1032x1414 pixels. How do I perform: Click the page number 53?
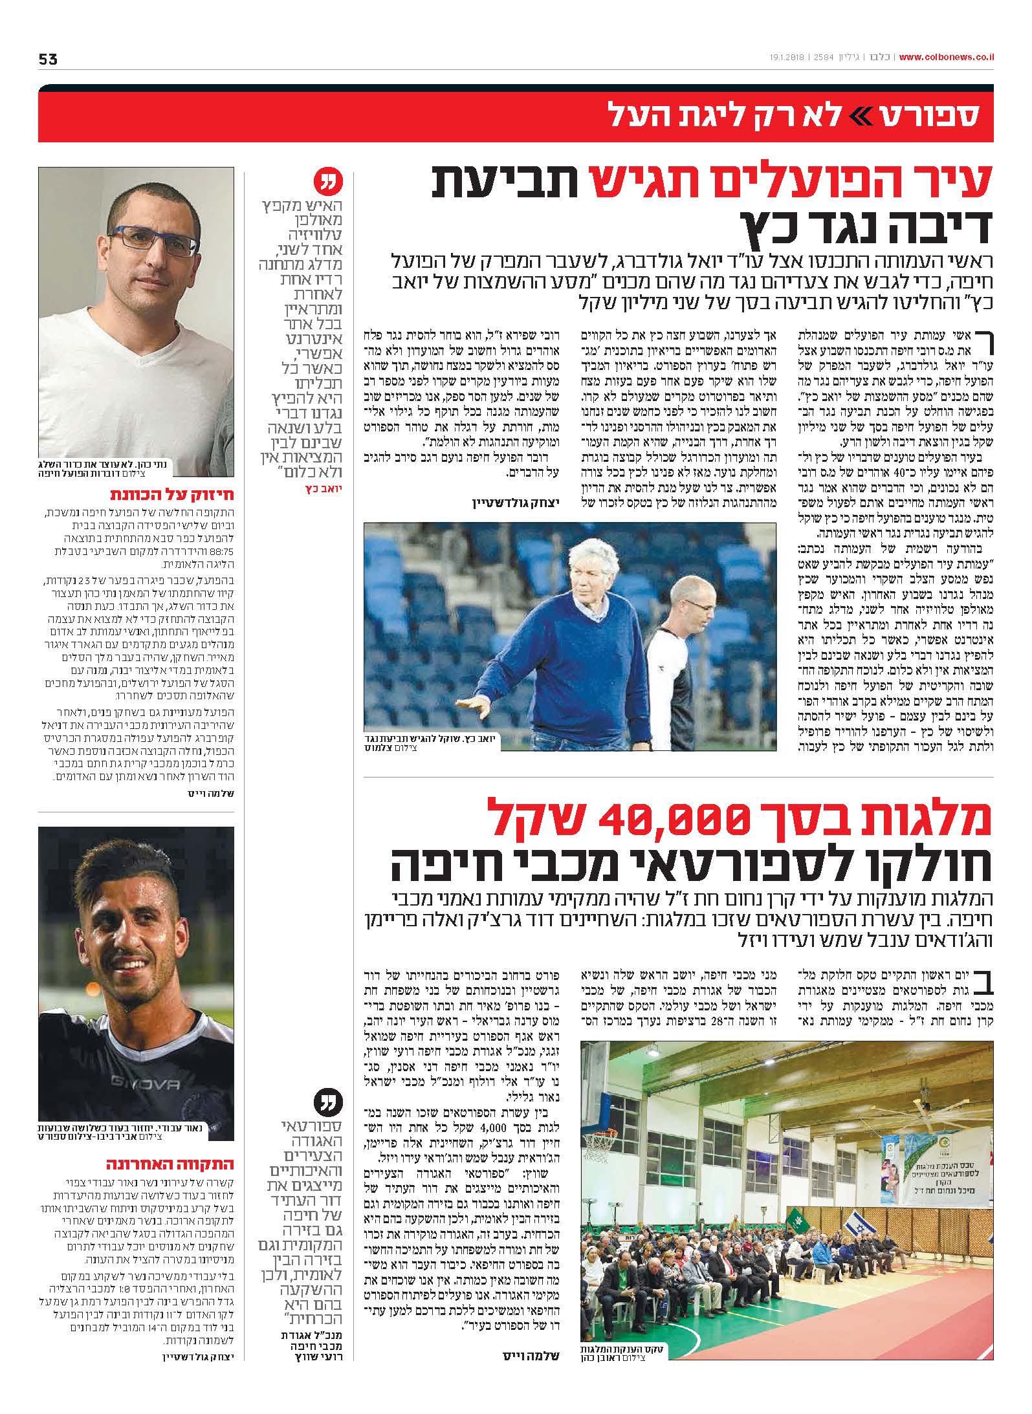pyautogui.click(x=48, y=59)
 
